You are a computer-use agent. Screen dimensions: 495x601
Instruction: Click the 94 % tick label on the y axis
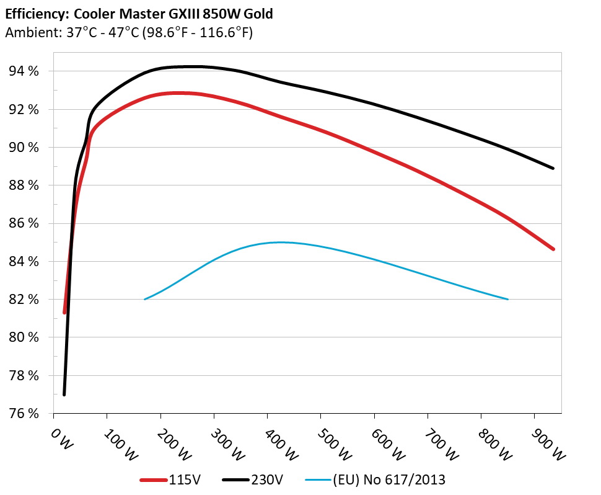(24, 71)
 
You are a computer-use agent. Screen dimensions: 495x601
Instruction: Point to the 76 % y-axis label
(24, 413)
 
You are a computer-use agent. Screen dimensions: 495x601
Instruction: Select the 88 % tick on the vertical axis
(24, 185)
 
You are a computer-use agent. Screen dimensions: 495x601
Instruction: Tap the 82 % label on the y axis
(24, 300)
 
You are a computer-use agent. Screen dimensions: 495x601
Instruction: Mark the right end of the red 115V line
(553, 249)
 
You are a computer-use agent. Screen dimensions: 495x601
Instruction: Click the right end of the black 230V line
(553, 168)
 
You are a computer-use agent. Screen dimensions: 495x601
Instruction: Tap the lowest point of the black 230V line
(64, 395)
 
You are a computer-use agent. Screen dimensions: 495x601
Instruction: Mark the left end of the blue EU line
(145, 299)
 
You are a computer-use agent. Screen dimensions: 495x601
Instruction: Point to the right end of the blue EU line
(508, 299)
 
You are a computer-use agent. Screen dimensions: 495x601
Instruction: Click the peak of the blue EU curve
(280, 242)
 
